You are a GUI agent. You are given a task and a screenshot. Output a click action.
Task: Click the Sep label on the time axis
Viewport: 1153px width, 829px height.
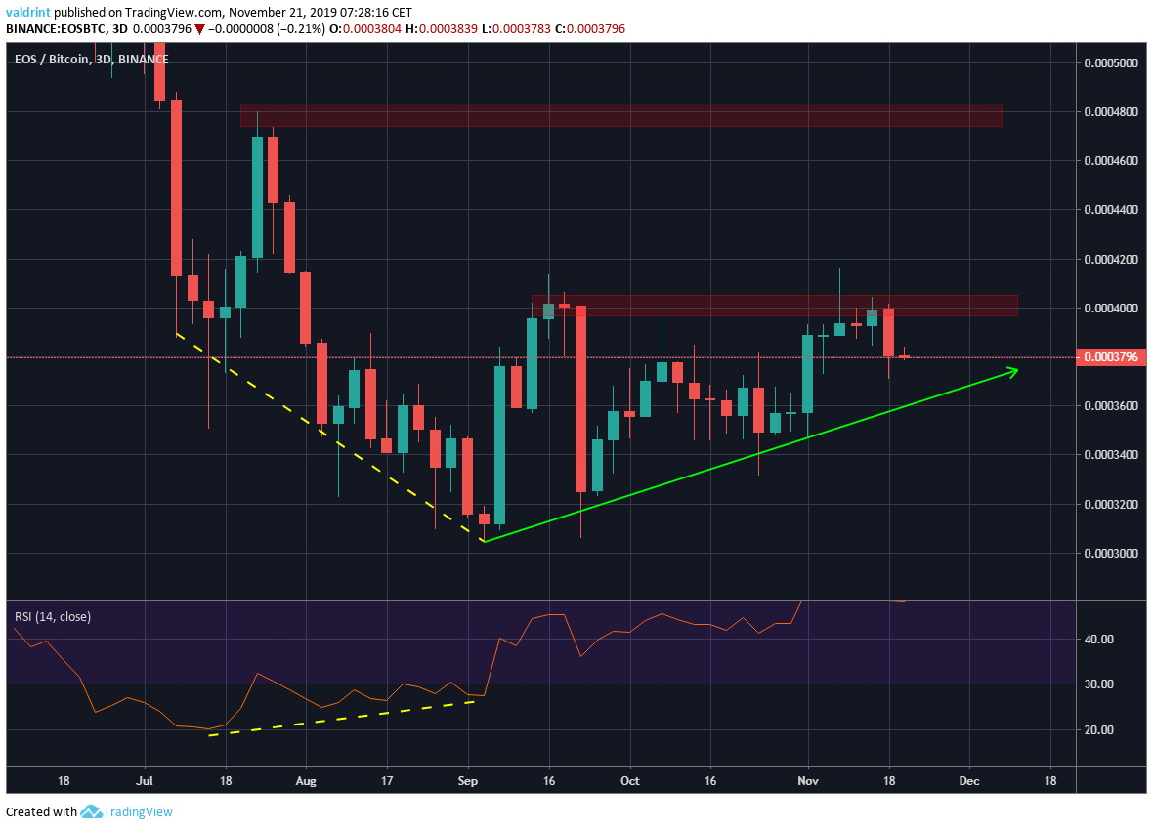pyautogui.click(x=468, y=781)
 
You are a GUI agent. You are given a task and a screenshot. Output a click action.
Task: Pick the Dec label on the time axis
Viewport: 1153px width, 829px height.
pyautogui.click(x=970, y=781)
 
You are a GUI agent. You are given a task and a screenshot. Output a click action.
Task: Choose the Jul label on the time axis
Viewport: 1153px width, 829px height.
pyautogui.click(x=145, y=781)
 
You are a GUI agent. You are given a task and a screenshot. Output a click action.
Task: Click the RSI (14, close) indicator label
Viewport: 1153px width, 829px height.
pyautogui.click(x=52, y=616)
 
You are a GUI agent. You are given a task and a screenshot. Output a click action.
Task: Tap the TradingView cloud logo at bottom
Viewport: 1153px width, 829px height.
pyautogui.click(x=93, y=811)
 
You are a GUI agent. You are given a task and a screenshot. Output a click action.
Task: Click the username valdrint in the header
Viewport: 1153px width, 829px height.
pyautogui.click(x=28, y=12)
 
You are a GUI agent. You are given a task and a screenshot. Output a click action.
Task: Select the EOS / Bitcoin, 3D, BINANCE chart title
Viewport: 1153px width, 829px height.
pyautogui.click(x=91, y=60)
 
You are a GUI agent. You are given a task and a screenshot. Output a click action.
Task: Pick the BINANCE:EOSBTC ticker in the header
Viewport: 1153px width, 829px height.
pyautogui.click(x=52, y=29)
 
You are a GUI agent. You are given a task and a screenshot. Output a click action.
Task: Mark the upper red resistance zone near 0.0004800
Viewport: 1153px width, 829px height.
pyautogui.click(x=620, y=115)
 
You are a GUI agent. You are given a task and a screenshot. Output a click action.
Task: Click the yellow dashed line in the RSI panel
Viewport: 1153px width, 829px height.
pyautogui.click(x=342, y=718)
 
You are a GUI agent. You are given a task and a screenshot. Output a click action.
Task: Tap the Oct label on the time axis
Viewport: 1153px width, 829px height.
pyautogui.click(x=630, y=781)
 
